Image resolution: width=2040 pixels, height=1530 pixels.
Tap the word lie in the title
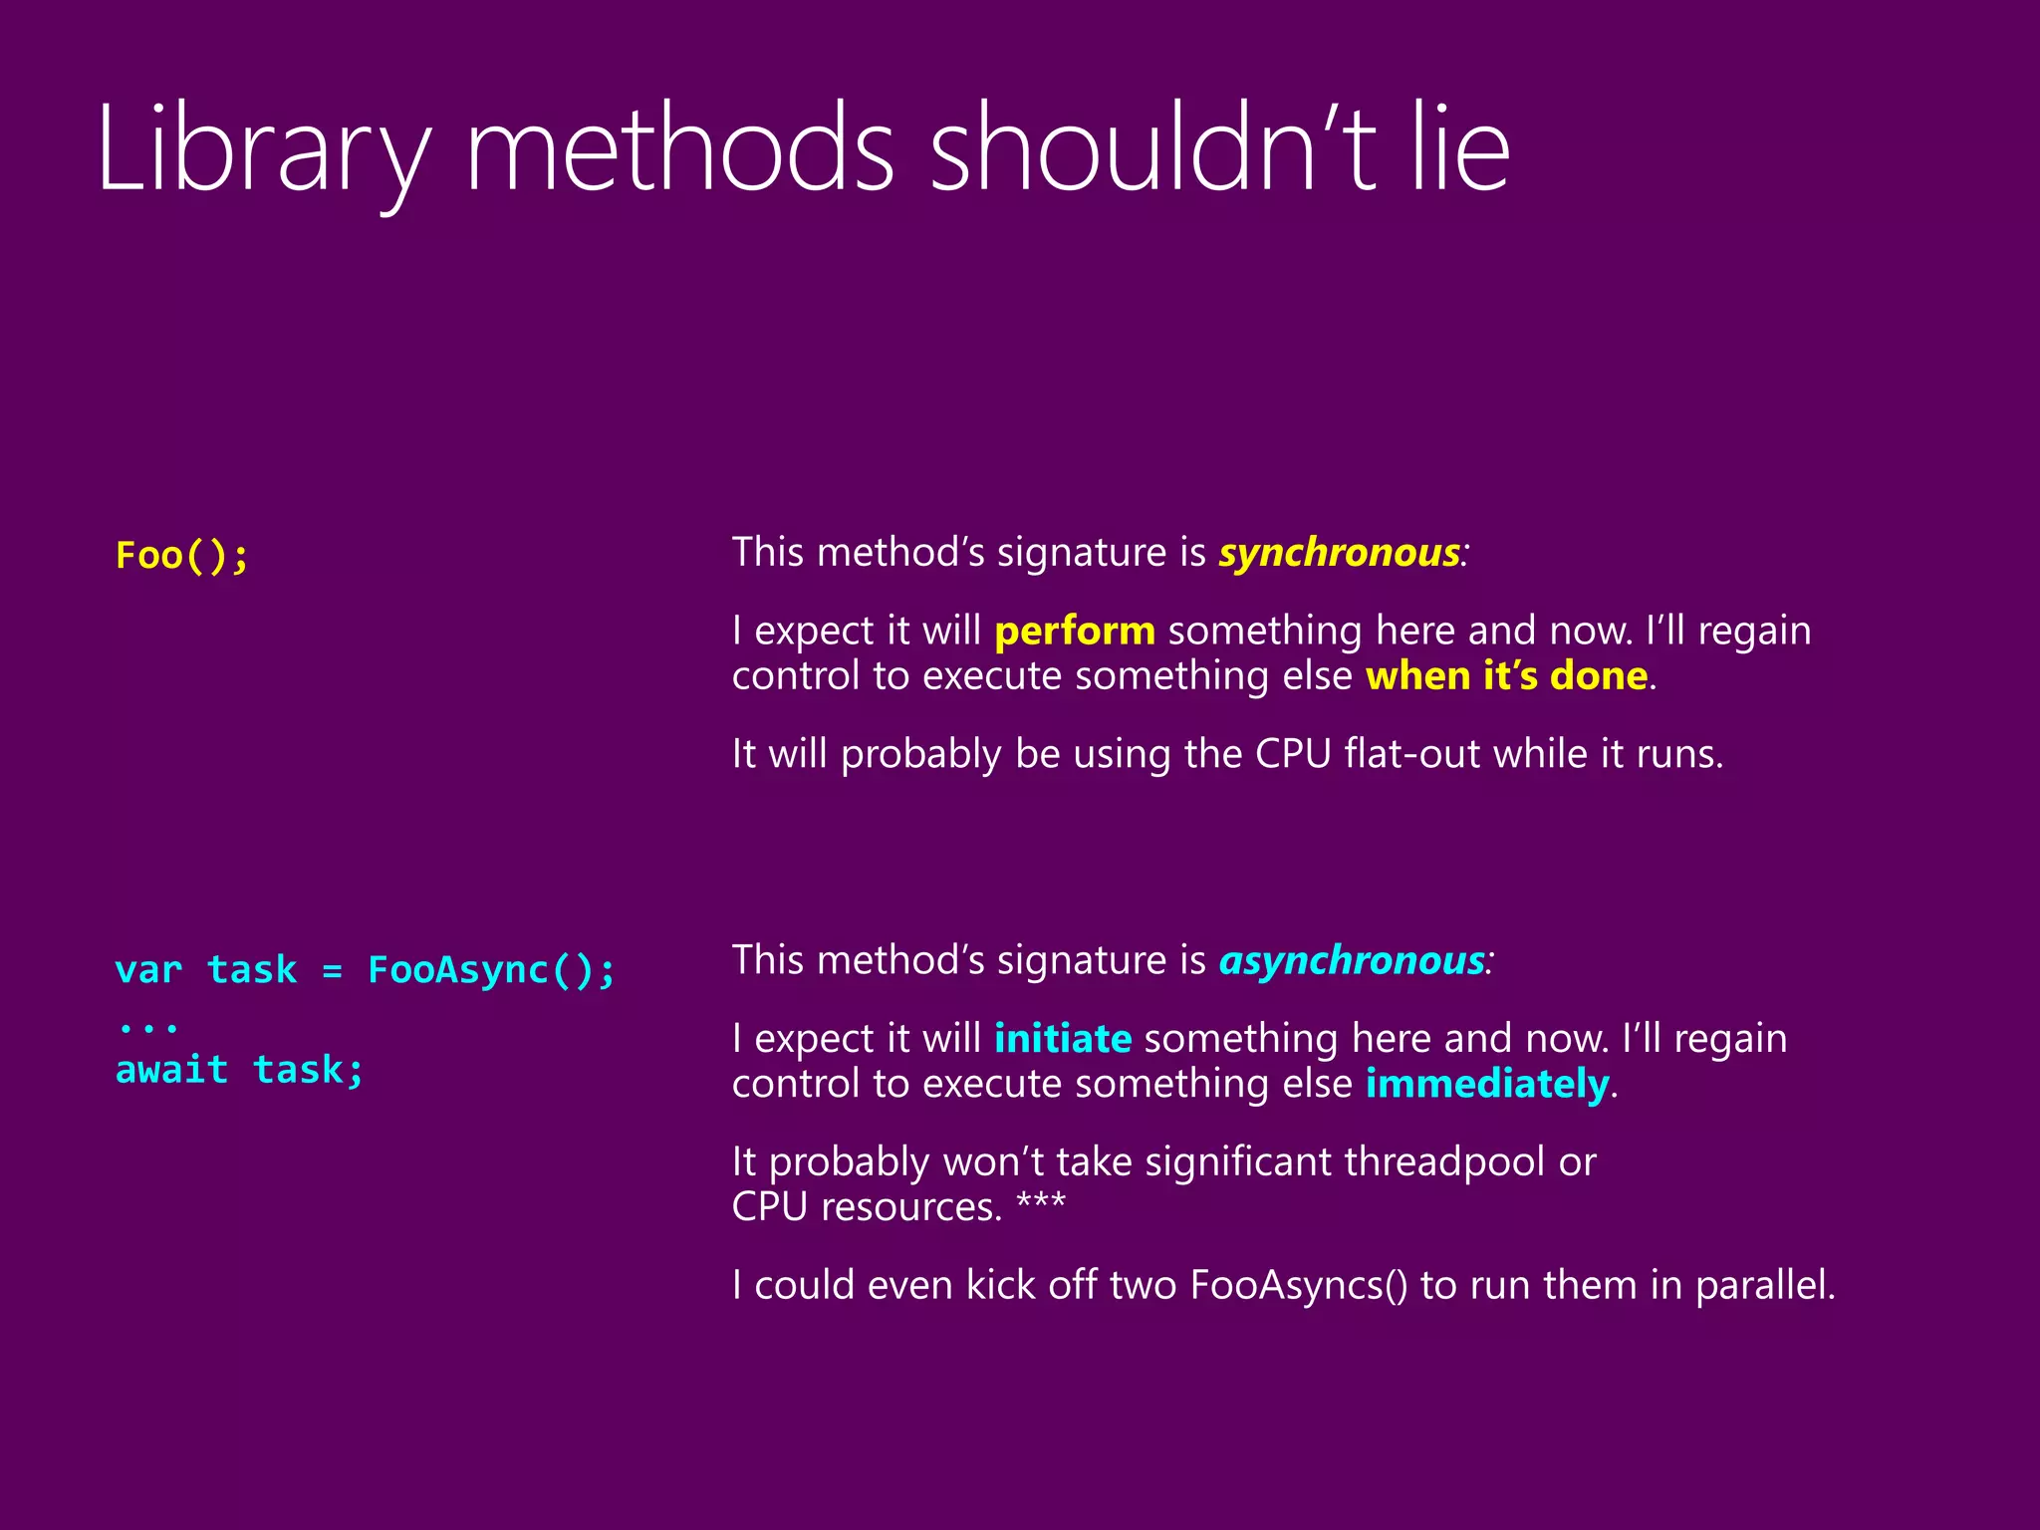tap(1460, 149)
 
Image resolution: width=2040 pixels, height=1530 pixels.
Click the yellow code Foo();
tap(182, 555)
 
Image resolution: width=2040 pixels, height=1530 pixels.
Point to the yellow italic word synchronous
tap(1339, 553)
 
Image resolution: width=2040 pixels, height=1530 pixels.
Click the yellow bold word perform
tap(1075, 631)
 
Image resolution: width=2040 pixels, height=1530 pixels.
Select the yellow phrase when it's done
tap(1506, 676)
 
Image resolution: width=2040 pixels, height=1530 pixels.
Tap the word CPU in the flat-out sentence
tap(1292, 754)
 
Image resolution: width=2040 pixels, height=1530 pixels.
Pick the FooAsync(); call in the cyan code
tap(492, 969)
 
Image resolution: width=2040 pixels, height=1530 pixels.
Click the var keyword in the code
tap(148, 969)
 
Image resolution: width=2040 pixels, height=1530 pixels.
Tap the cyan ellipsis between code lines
tap(148, 1026)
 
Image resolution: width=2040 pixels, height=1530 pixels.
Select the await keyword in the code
tap(171, 1070)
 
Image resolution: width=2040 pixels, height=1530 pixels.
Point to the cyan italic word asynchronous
tap(1352, 960)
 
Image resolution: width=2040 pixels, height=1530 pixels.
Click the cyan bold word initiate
tap(1063, 1039)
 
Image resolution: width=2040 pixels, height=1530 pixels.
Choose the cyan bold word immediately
tap(1487, 1084)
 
